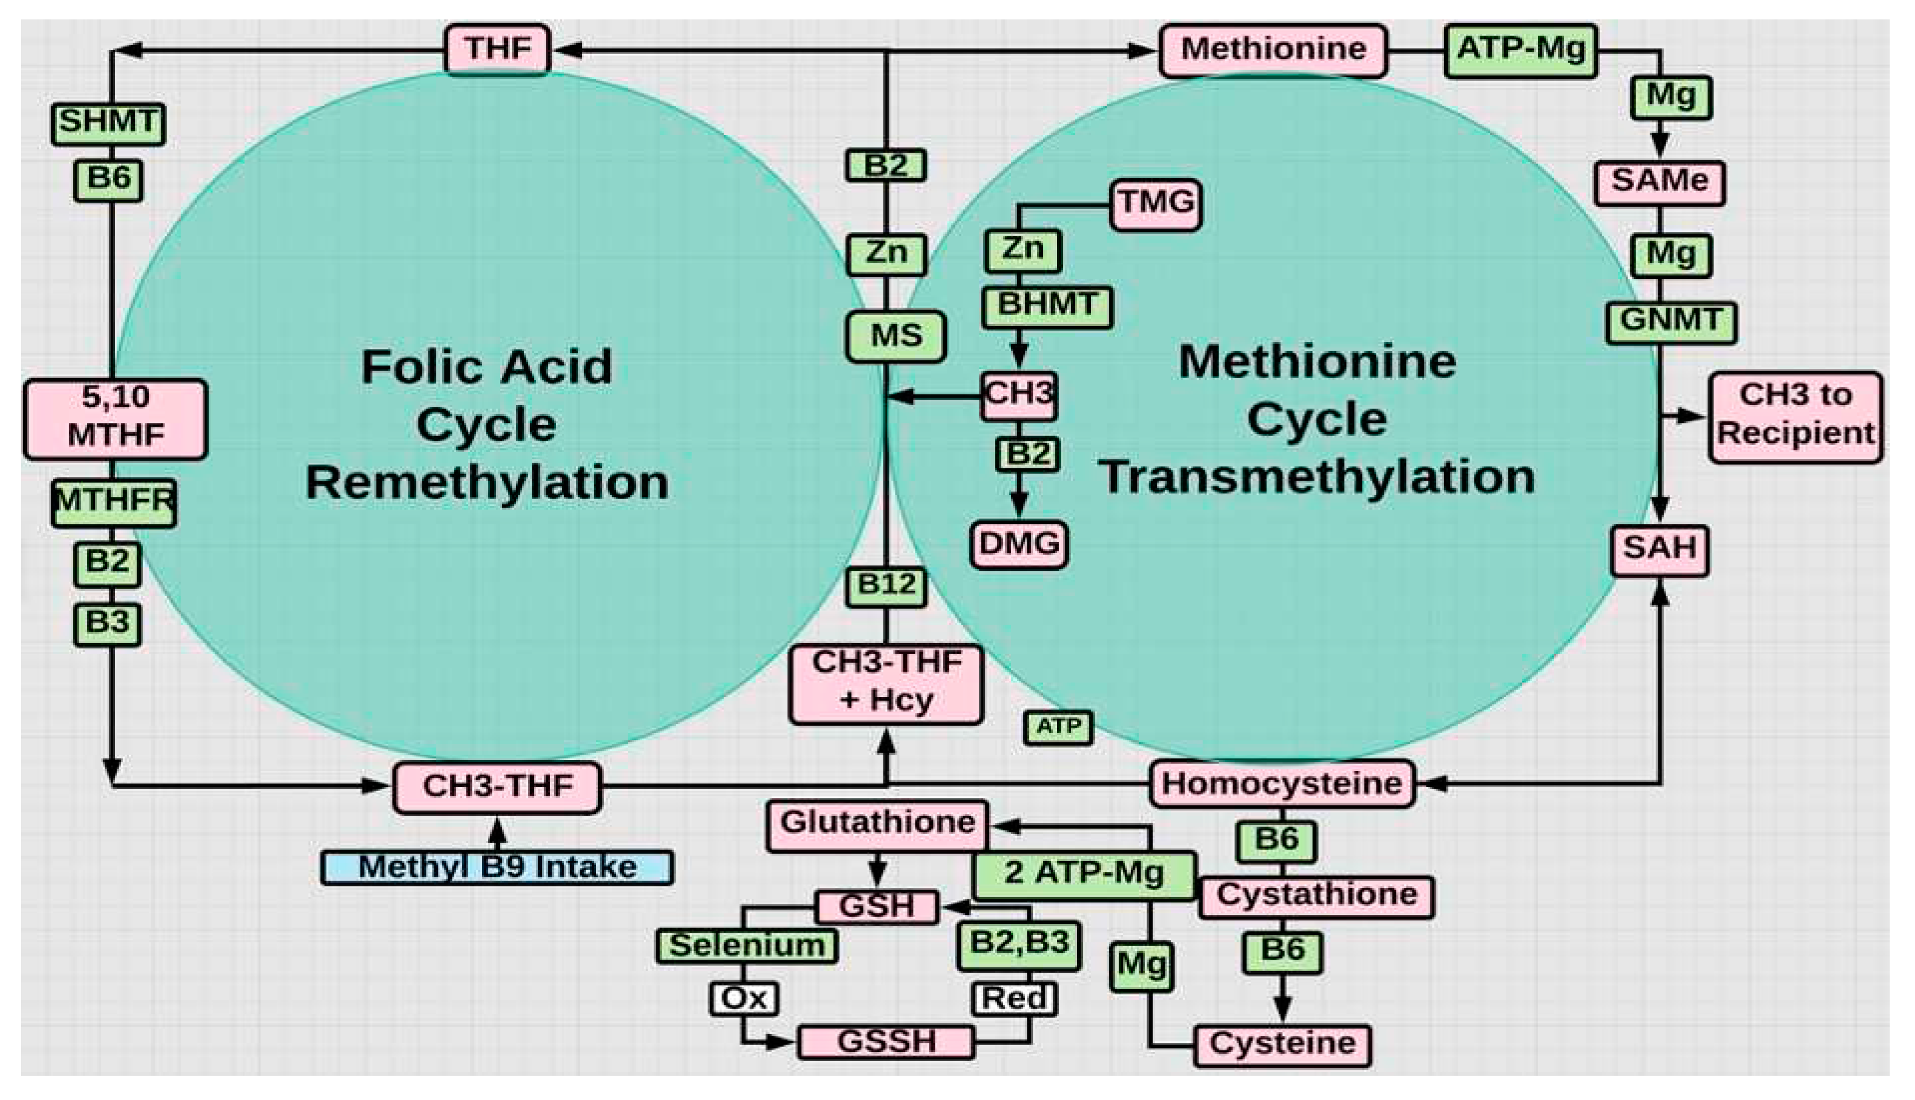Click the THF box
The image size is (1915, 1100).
[x=498, y=50]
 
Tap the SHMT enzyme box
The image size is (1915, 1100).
[x=108, y=123]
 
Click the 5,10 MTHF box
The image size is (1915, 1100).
[x=115, y=418]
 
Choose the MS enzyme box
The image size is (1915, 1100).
[x=896, y=336]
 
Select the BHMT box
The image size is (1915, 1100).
[x=1047, y=306]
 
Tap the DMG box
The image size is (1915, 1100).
[x=1019, y=544]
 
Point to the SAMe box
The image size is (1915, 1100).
[x=1659, y=182]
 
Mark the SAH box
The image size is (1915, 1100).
[x=1659, y=549]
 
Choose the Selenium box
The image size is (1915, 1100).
[x=747, y=946]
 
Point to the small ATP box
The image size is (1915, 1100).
[x=1058, y=728]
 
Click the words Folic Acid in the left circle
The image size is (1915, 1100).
[x=486, y=367]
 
